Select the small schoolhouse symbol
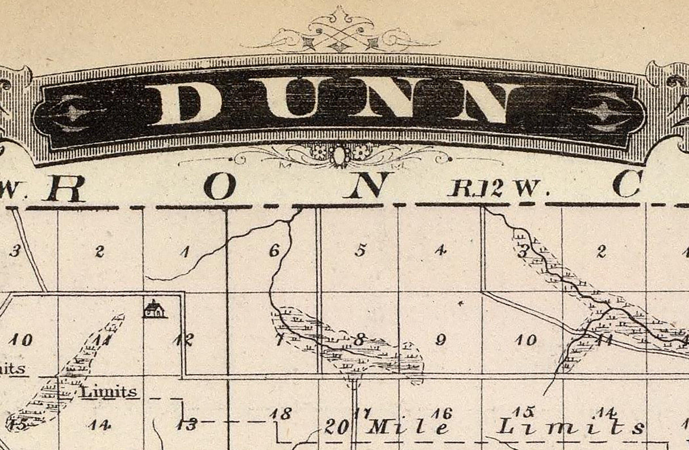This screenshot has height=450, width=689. tap(154, 309)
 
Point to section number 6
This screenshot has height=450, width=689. tap(275, 250)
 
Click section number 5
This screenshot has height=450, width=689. tap(360, 250)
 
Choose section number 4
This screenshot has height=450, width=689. tap(440, 250)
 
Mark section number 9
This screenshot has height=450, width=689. tap(440, 340)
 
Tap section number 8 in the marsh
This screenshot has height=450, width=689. tap(359, 340)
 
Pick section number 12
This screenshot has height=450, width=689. tap(184, 340)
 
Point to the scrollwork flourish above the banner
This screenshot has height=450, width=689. tap(339, 31)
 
